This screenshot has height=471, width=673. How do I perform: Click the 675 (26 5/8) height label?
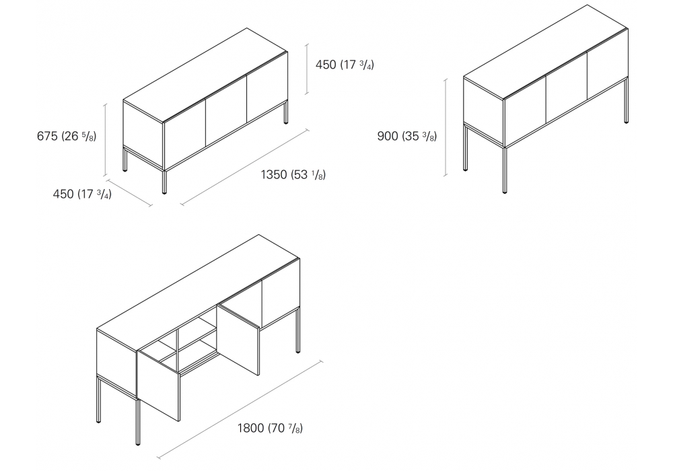click(67, 136)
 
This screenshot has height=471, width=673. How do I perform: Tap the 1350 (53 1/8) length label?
click(293, 174)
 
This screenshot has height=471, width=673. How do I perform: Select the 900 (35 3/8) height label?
click(407, 136)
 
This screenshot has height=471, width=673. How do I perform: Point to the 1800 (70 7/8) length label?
click(270, 428)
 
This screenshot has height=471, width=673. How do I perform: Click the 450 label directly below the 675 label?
click(82, 194)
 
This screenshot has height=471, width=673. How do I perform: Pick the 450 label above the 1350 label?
click(345, 65)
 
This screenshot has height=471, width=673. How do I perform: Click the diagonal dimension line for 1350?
click(244, 166)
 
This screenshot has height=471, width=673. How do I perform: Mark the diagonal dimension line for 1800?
click(240, 410)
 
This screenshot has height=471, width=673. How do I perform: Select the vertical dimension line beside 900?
click(446, 127)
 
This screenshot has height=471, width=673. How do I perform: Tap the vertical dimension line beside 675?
click(105, 139)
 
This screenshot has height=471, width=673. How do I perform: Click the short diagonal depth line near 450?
click(129, 192)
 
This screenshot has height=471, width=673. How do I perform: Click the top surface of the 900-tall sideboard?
click(546, 52)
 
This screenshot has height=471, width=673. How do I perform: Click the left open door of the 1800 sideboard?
click(158, 385)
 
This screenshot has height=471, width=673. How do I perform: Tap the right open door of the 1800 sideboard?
click(238, 339)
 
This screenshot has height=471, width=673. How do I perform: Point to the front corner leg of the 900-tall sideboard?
click(505, 170)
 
